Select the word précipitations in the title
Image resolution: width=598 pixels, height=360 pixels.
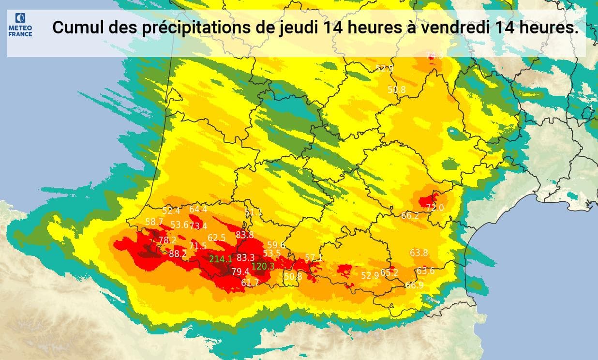coord(195,28)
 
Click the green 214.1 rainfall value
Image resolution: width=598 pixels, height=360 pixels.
coord(221,259)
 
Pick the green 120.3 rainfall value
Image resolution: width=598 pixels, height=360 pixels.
coord(263,266)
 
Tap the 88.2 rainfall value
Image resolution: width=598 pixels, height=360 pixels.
coord(178,254)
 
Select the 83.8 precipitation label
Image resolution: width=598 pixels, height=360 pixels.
coord(245,235)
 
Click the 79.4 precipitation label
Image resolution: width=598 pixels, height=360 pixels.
coord(240,271)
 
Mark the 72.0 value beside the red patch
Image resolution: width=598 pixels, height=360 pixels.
coord(434,208)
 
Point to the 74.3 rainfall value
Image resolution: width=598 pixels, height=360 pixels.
coord(434,56)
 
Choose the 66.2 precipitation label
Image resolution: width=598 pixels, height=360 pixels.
coord(410,216)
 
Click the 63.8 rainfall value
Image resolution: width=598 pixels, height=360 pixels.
coord(419,253)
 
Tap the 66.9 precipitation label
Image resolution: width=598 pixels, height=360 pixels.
coord(415,285)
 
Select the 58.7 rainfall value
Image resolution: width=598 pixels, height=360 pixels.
coord(154,222)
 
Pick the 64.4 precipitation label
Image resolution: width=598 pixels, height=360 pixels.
coord(198,210)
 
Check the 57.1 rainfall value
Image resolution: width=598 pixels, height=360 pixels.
coord(314,258)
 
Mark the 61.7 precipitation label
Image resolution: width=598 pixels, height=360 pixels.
coord(250,283)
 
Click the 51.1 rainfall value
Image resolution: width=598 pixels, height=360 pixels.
coord(253,212)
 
